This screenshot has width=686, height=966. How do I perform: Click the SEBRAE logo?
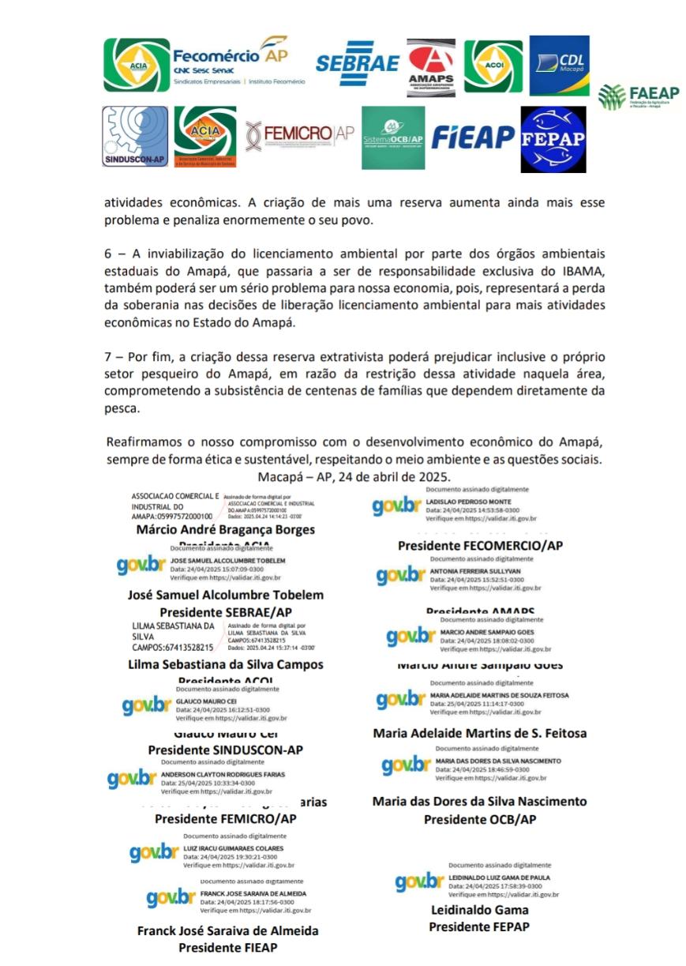coord(357,63)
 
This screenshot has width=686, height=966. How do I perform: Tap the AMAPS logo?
coord(431,67)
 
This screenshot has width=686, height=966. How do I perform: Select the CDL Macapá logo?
coord(559,65)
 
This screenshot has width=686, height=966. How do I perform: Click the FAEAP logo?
coord(638,97)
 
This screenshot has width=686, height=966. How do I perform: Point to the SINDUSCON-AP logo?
coord(135,137)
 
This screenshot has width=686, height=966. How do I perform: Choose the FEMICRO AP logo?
coord(299,135)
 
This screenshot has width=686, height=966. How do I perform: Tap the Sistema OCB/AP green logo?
coord(393,137)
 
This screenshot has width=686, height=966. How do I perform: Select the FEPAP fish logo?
coord(553,139)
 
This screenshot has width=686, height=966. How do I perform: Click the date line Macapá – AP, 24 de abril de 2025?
coord(354,477)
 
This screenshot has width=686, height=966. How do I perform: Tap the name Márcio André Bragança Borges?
coord(225,529)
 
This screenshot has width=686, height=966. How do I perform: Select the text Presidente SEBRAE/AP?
coord(225,612)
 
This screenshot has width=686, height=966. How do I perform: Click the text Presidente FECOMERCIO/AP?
coord(480,545)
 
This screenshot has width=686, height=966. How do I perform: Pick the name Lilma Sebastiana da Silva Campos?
coord(225,664)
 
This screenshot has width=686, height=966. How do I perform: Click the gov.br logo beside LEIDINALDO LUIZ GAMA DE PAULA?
coord(419,883)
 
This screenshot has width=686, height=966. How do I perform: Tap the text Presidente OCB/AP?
coord(480,819)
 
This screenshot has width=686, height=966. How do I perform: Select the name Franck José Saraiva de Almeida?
coord(227,930)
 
